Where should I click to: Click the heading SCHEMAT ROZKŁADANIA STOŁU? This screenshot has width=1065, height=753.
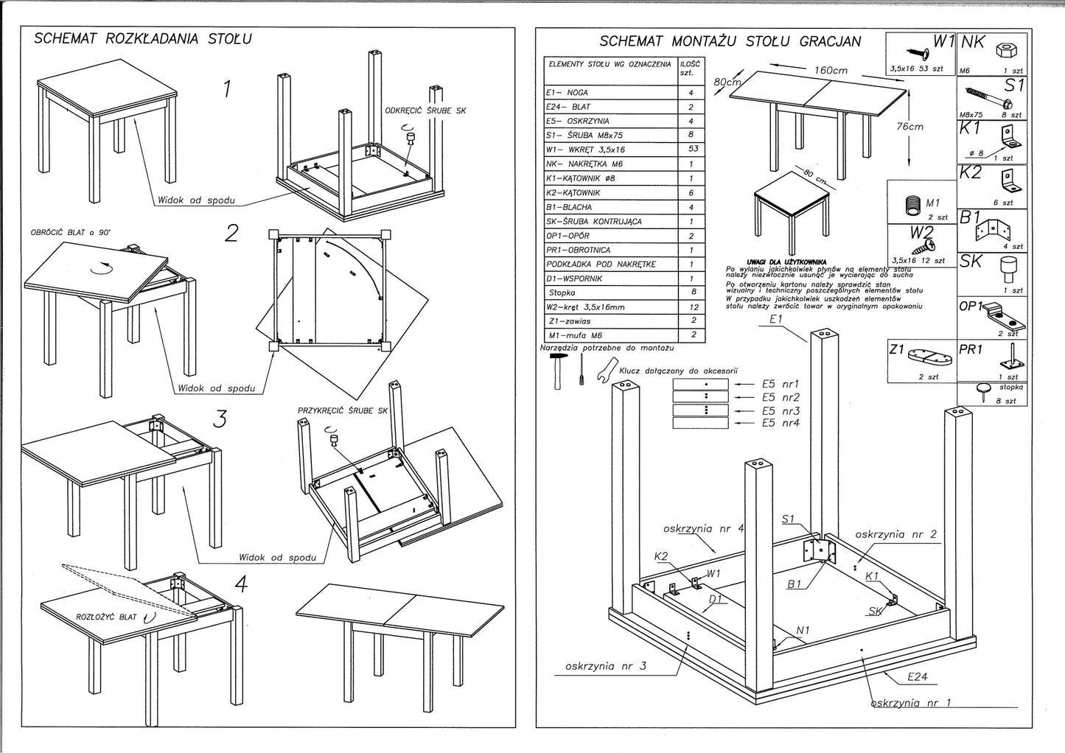pyautogui.click(x=143, y=38)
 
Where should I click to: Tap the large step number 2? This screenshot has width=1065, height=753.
pyautogui.click(x=231, y=234)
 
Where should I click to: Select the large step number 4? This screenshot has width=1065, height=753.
pyautogui.click(x=240, y=584)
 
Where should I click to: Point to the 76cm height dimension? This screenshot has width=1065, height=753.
pyautogui.click(x=909, y=126)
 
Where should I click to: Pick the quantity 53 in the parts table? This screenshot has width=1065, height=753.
pyautogui.click(x=691, y=150)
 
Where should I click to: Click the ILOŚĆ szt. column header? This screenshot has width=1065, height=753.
pyautogui.click(x=691, y=68)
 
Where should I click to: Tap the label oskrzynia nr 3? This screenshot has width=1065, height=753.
pyautogui.click(x=605, y=666)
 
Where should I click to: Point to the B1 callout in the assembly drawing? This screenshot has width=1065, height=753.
pyautogui.click(x=794, y=584)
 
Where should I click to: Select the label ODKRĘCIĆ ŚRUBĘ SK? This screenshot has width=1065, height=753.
pyautogui.click(x=425, y=111)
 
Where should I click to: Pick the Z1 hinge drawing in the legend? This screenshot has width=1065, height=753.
pyautogui.click(x=932, y=359)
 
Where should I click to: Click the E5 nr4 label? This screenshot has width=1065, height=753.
pyautogui.click(x=781, y=423)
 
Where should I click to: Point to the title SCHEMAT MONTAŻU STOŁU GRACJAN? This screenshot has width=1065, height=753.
pyautogui.click(x=730, y=41)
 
